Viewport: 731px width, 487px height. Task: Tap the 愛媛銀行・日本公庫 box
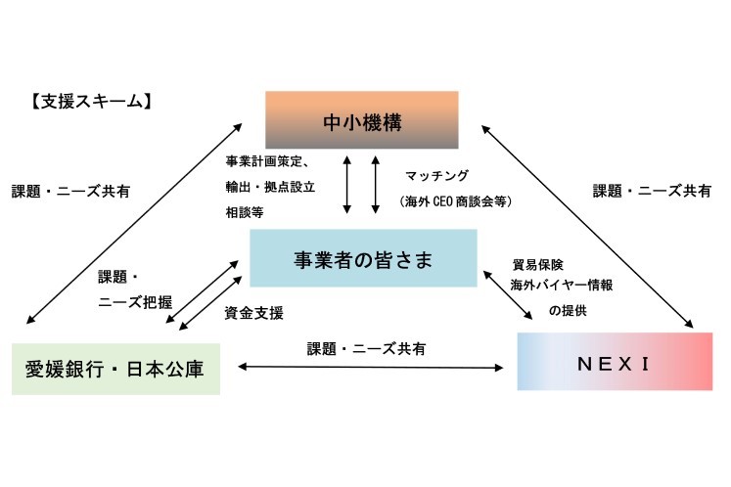[x=116, y=368]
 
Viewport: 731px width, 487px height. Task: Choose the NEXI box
[x=614, y=362]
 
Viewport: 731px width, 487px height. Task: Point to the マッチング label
[x=436, y=176]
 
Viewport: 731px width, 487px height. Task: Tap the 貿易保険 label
[x=537, y=264]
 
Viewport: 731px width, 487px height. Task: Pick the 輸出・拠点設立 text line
[x=269, y=186]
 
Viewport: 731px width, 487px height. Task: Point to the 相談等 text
[x=245, y=210]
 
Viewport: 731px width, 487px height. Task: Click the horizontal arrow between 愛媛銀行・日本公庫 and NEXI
[x=369, y=368]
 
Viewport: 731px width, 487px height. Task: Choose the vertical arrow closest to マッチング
[x=376, y=183]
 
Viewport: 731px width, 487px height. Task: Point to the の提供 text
[x=569, y=310]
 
